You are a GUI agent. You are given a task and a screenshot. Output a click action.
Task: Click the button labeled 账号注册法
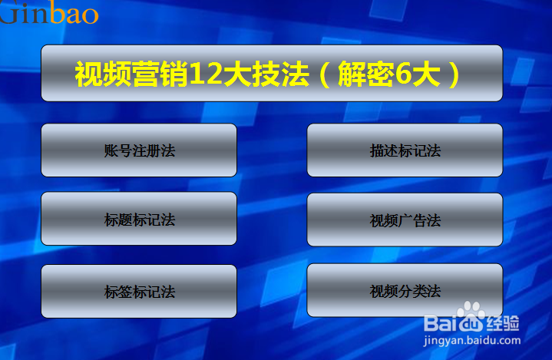click(x=139, y=150)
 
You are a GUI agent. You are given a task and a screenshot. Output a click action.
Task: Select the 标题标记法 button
click(x=139, y=219)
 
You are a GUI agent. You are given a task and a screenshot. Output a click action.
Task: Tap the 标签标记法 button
click(x=139, y=292)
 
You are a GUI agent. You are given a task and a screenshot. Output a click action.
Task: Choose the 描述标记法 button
click(x=405, y=150)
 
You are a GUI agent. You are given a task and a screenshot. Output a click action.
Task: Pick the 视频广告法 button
click(x=405, y=220)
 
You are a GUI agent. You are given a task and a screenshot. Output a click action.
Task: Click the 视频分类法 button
click(x=405, y=290)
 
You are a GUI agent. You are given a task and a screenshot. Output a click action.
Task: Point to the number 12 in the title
click(x=206, y=74)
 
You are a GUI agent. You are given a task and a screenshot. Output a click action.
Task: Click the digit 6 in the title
click(x=404, y=74)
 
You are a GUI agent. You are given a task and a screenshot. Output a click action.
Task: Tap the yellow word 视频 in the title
click(x=103, y=74)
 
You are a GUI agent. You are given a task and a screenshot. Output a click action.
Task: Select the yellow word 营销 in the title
click(x=161, y=74)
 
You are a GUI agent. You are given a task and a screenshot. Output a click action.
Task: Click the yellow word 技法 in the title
click(x=280, y=74)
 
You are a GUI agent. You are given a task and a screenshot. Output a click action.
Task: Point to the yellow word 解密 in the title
click(x=366, y=74)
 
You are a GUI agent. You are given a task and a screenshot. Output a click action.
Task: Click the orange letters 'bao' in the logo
click(x=73, y=14)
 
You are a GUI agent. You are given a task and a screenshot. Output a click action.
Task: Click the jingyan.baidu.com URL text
click(x=472, y=341)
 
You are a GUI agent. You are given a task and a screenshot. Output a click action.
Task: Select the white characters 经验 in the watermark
click(x=502, y=323)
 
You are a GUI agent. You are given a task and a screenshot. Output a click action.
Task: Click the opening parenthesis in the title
click(x=325, y=74)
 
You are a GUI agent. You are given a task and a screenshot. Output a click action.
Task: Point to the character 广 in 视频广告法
click(x=405, y=221)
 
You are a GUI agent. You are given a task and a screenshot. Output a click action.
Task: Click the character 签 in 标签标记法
click(x=125, y=292)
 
